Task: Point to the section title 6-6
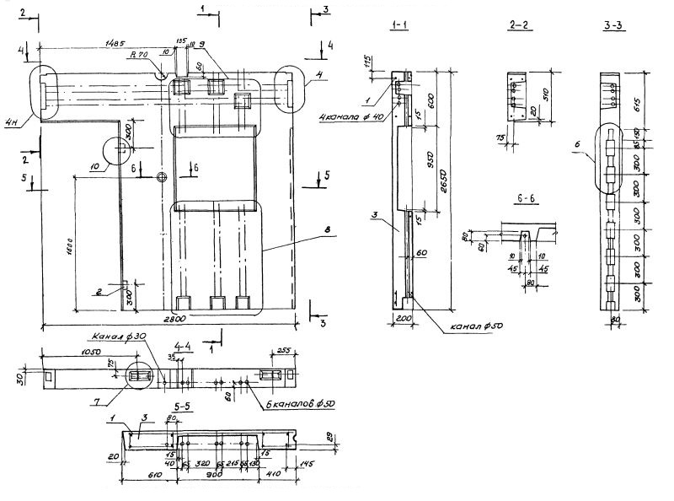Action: (x=525, y=198)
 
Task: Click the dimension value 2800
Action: (x=174, y=318)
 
